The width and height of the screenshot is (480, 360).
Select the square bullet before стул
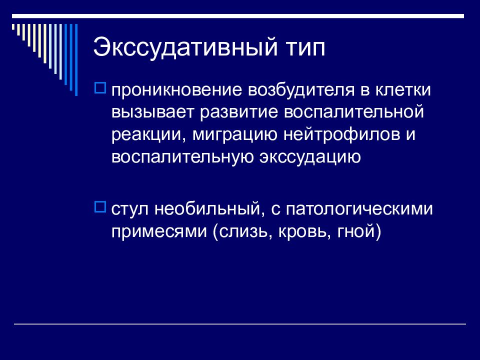point(100,205)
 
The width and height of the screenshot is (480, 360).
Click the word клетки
point(404,91)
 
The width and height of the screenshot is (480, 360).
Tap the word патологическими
point(359,209)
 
